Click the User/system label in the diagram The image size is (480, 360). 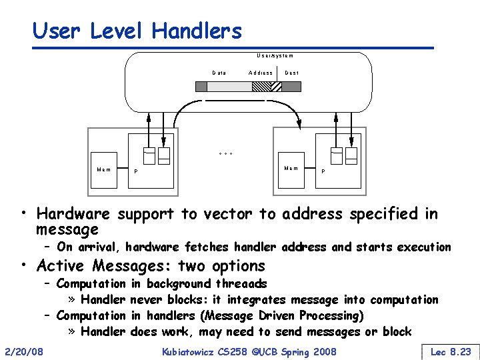coord(275,56)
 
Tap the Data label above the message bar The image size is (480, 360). coord(219,72)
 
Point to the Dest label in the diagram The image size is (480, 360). coord(292,72)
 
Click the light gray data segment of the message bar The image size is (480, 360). coord(229,86)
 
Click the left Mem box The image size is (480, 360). coord(105,170)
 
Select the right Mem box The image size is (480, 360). coord(291,169)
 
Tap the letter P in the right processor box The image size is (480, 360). coord(324,172)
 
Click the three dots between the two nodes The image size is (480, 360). coord(226,154)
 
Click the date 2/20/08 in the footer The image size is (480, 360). coord(23,351)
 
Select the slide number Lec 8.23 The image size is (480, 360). coord(451,351)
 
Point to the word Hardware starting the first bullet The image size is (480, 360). coord(75,214)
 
